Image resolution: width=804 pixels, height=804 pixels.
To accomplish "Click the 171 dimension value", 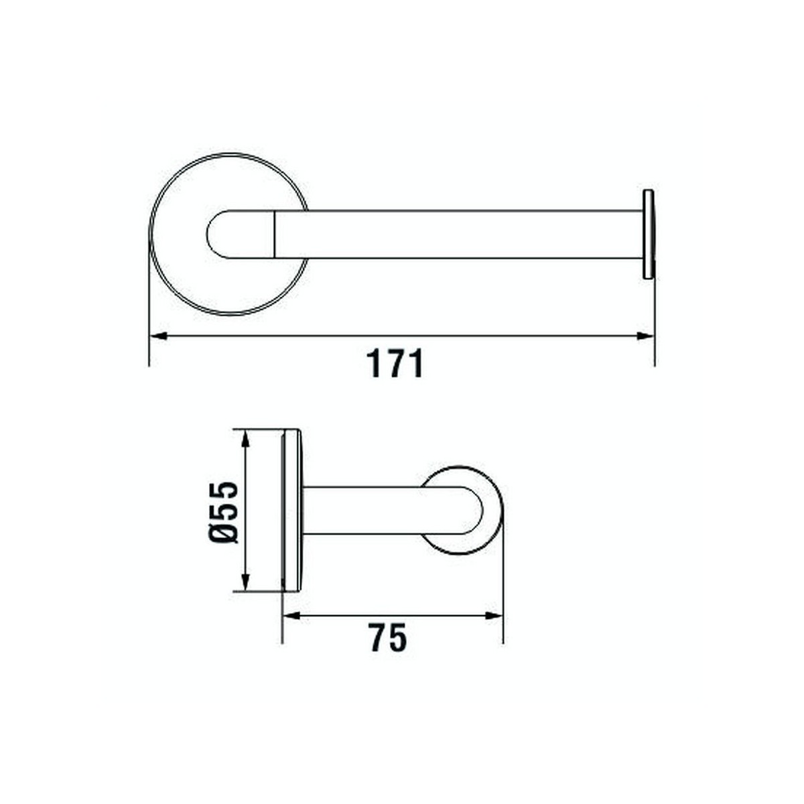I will [395, 364].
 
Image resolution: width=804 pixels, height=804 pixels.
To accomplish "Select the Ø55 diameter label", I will [224, 511].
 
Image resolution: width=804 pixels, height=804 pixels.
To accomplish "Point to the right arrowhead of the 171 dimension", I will [646, 336].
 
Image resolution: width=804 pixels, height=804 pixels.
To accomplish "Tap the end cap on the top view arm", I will [648, 234].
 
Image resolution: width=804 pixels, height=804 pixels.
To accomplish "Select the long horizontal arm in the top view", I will [456, 234].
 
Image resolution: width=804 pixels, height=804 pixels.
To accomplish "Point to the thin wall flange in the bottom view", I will [291, 511].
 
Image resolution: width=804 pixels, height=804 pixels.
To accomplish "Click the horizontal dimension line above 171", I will [402, 336].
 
